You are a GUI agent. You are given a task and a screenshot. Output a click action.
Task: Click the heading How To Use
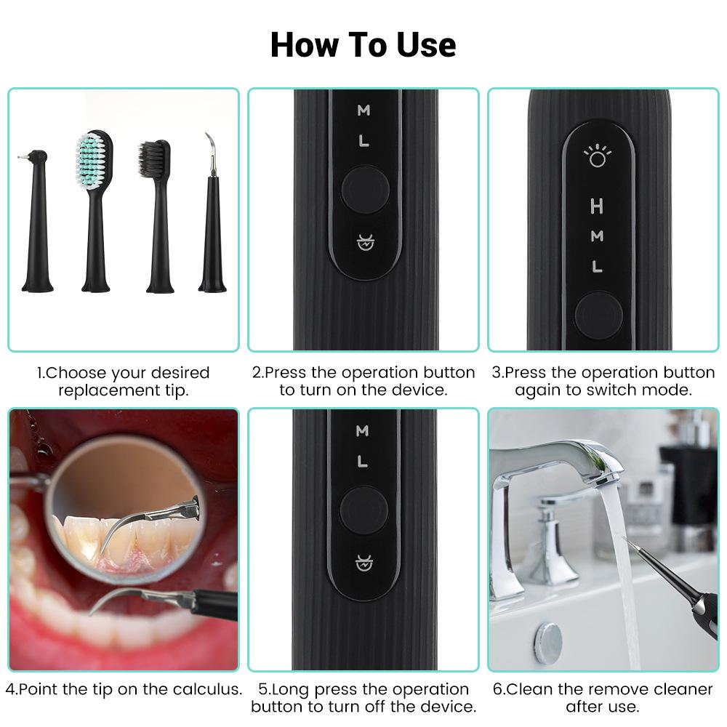click(363, 45)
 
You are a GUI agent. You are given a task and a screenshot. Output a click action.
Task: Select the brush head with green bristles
click(94, 160)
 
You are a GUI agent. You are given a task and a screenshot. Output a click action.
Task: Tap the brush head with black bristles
click(156, 166)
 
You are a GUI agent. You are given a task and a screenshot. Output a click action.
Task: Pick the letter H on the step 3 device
click(597, 206)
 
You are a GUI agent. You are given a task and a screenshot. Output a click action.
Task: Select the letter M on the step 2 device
click(363, 111)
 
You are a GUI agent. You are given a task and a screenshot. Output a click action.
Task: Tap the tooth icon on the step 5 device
click(363, 561)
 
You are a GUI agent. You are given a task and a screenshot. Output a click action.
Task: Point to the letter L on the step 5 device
click(363, 461)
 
